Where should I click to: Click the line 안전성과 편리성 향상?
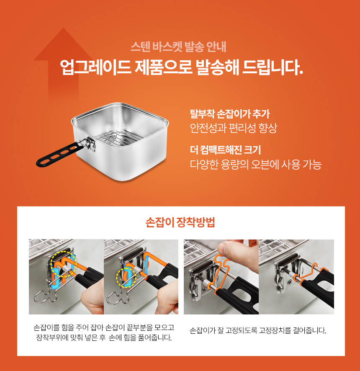[x=233, y=128]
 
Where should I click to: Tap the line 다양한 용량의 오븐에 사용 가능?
[x=255, y=164]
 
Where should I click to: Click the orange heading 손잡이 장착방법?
[x=180, y=222]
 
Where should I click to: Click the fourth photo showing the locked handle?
[x=296, y=276]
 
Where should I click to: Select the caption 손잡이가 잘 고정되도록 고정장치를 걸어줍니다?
[x=258, y=330]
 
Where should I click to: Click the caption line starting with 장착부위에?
[x=104, y=337]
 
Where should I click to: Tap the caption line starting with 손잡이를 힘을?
[x=104, y=327]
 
